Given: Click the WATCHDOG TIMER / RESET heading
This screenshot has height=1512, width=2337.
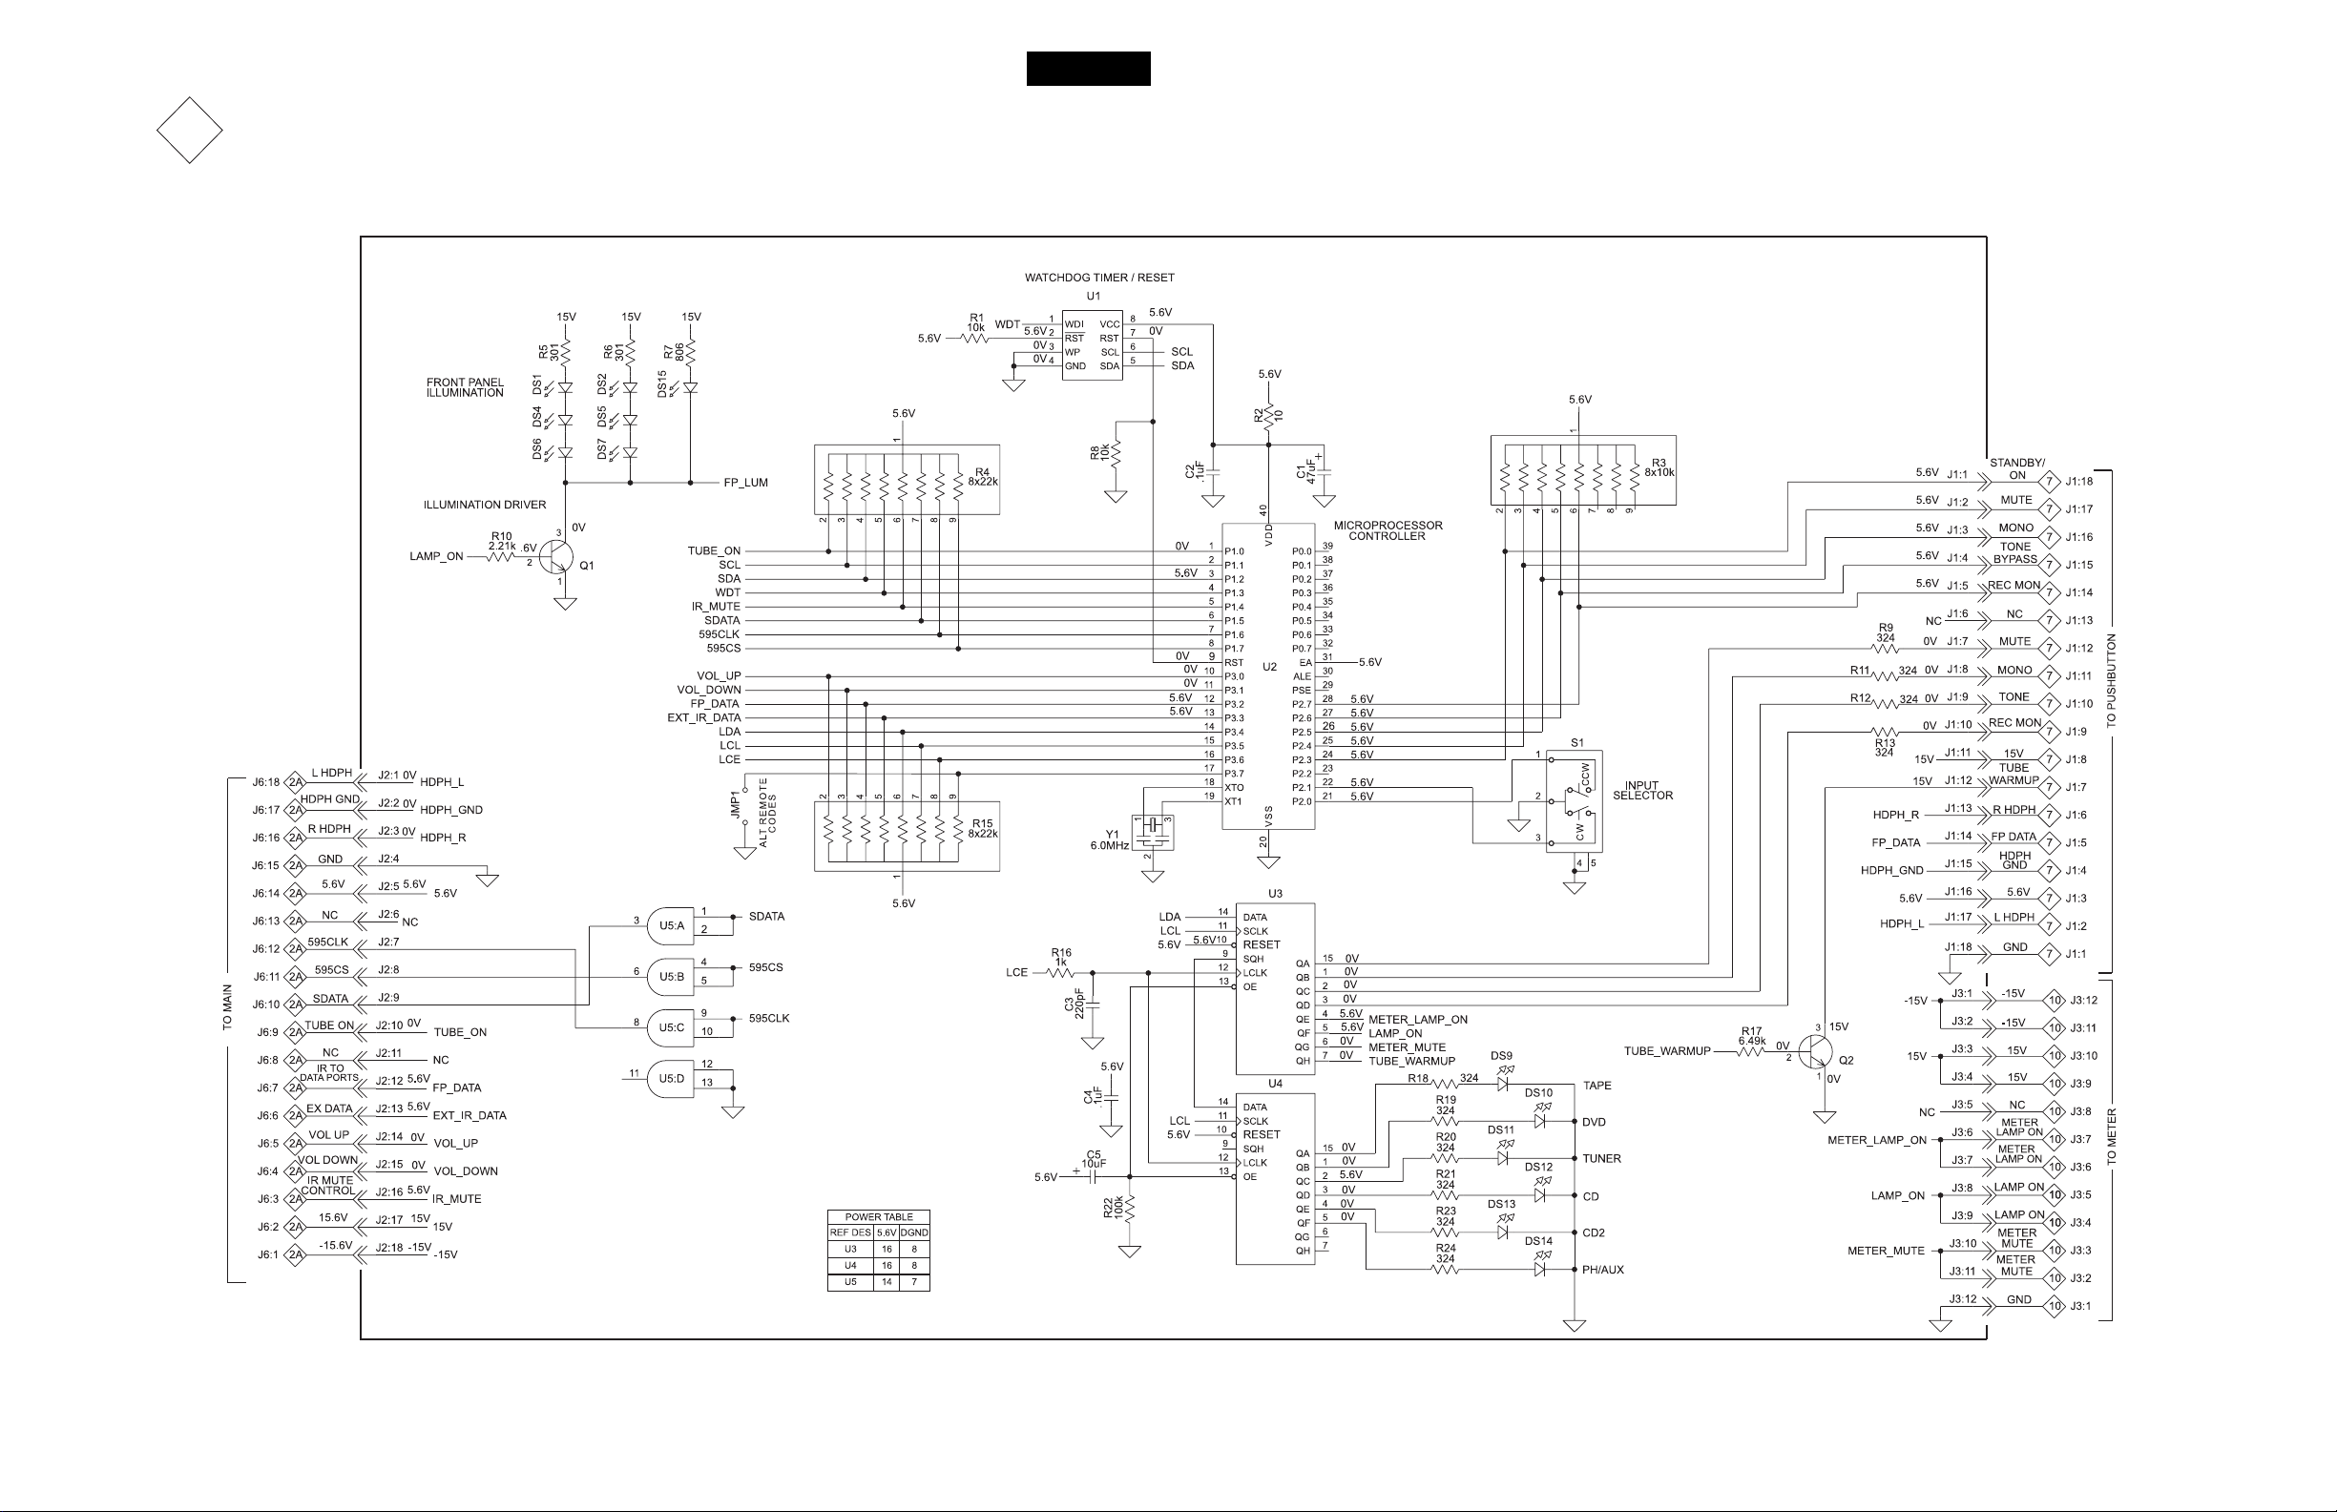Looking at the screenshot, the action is click(x=1098, y=278).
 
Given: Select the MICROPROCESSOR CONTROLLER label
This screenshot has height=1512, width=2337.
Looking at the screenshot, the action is click(x=1388, y=531).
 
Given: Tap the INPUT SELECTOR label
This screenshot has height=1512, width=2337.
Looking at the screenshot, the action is click(x=1641, y=791).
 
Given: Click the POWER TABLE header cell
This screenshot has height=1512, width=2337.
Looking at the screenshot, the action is click(x=879, y=1217).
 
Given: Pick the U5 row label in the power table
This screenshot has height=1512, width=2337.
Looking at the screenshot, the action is click(x=850, y=1281).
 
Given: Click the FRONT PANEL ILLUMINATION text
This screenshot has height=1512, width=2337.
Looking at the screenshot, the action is click(x=465, y=388).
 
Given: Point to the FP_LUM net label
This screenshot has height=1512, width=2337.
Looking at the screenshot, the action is click(x=745, y=483).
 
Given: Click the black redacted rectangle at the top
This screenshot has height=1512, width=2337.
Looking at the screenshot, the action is click(x=1088, y=69).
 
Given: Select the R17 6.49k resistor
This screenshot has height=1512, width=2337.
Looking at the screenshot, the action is click(x=1751, y=1051).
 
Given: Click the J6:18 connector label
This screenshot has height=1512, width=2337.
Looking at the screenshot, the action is click(x=265, y=782).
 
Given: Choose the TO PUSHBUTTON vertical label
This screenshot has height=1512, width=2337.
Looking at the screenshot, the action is click(x=2111, y=679).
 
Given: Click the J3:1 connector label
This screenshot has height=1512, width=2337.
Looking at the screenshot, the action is click(x=2080, y=1306).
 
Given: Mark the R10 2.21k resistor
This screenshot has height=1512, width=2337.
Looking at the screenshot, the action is click(x=501, y=557).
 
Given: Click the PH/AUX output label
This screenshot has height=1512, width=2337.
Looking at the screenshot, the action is click(x=1602, y=1271).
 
